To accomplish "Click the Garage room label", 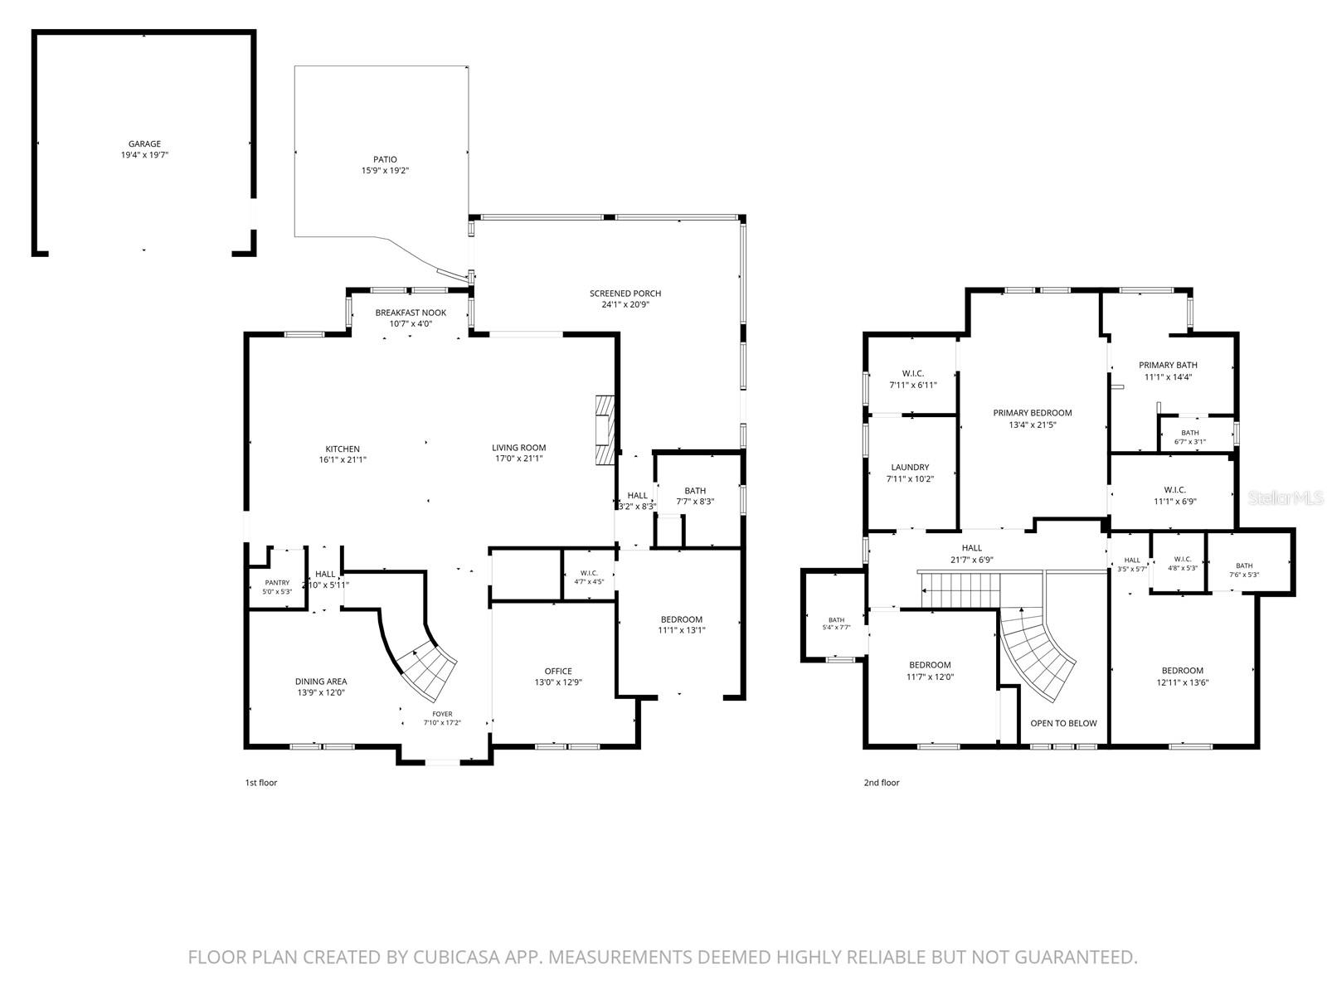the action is pos(144,143).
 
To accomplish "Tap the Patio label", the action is pos(385,159).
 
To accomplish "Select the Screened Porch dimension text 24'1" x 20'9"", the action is pos(625,304).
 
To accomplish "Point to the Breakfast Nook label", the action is pos(411,313).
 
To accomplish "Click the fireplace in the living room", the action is pos(605,430).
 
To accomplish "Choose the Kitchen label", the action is pos(343,449).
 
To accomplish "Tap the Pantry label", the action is pos(278,582).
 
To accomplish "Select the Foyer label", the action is pos(443,713).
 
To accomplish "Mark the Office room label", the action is pos(558,671).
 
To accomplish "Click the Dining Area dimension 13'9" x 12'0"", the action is pos(321,692).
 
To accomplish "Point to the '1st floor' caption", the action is pos(261,783).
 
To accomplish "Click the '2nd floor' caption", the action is pos(882,783).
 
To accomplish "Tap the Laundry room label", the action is pos(910,467).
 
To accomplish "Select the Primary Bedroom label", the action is pos(1033,413).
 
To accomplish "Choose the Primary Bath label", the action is pos(1168,365).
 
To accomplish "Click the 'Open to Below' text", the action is pos(1063,723).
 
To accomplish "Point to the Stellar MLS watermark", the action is pos(1286,498).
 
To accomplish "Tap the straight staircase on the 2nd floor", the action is pos(960,590).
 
